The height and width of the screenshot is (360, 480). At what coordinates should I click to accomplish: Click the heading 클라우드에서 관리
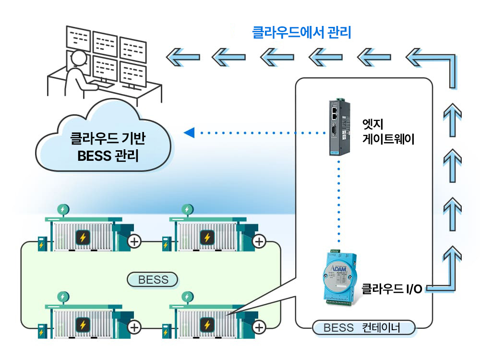301,33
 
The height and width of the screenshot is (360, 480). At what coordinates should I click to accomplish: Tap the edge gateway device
339,127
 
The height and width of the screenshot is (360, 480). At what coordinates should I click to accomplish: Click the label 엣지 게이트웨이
388,132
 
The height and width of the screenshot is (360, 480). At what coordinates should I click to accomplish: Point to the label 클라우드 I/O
392,288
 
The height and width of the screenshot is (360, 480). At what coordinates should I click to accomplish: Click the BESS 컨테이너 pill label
363,328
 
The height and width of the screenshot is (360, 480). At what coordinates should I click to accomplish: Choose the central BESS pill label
153,279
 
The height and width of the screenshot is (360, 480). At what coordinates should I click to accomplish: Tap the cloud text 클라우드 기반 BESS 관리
108,147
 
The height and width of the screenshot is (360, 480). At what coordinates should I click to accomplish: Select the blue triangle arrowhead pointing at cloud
189,132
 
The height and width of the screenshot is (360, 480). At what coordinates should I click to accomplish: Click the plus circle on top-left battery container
134,241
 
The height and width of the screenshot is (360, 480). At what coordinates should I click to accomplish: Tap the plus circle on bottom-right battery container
259,327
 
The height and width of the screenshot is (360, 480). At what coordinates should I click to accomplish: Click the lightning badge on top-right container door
207,238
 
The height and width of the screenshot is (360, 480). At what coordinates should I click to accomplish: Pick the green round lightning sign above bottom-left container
63,297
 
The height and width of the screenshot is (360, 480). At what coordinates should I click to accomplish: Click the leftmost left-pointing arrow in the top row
183,57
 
